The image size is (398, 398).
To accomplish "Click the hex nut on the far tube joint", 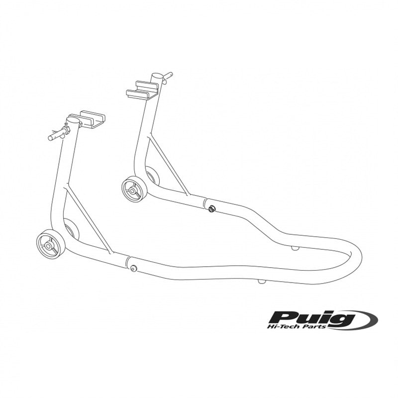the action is tap(210, 209).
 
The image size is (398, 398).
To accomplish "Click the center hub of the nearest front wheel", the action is tap(48, 245).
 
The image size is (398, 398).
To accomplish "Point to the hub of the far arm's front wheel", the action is tap(132, 191).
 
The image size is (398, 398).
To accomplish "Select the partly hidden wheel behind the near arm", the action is tap(71, 228).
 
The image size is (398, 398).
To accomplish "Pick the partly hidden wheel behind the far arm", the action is tap(153, 176).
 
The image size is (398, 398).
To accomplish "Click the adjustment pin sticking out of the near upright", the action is tap(59, 133).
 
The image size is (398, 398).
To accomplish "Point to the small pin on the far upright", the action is tap(168, 77).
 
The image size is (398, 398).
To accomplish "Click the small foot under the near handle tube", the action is tap(262, 281).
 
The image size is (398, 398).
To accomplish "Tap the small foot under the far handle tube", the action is tap(295, 248).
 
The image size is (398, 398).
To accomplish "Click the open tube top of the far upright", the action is tap(157, 76).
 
